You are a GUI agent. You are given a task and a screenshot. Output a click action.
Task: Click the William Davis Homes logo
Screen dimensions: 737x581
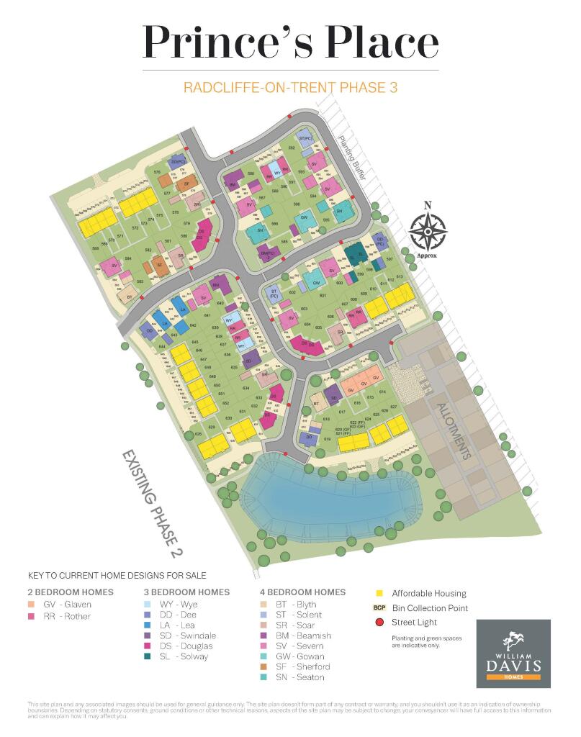(x=513, y=654)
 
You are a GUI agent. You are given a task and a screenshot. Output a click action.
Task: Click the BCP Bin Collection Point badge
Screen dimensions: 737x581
(x=380, y=607)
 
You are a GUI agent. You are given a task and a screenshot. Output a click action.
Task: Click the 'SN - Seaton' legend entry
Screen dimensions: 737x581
(x=294, y=677)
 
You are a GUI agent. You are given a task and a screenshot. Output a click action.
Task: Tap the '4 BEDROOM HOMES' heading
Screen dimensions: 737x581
(x=302, y=592)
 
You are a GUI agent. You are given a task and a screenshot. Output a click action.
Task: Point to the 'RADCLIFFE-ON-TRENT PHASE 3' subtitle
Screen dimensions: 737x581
(x=290, y=89)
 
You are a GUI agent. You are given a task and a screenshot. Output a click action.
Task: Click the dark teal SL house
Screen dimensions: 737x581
(x=354, y=253)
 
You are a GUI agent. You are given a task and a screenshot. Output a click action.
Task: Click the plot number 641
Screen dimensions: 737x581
(x=207, y=315)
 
